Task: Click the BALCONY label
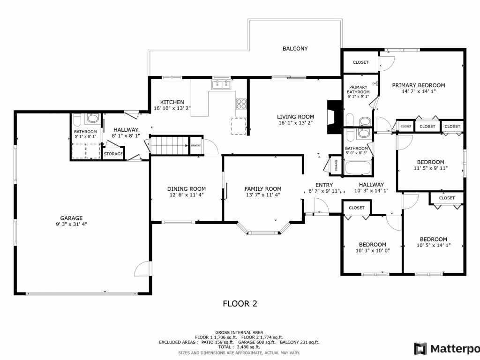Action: [x=295, y=49]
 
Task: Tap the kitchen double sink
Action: [x=221, y=84]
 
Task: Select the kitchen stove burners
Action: [x=241, y=104]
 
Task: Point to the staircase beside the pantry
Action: [x=170, y=145]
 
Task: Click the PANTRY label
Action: [x=195, y=146]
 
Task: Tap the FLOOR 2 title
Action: [x=240, y=304]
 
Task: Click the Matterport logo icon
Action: [x=420, y=349]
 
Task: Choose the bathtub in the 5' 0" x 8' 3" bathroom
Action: [x=358, y=168]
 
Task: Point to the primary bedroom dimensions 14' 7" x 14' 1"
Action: [x=419, y=91]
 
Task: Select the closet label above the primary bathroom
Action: [x=360, y=62]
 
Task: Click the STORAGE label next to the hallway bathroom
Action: [x=113, y=154]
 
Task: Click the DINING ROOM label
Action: [x=187, y=189]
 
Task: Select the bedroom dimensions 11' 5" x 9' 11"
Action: [x=431, y=168]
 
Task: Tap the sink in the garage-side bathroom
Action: [x=92, y=118]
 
